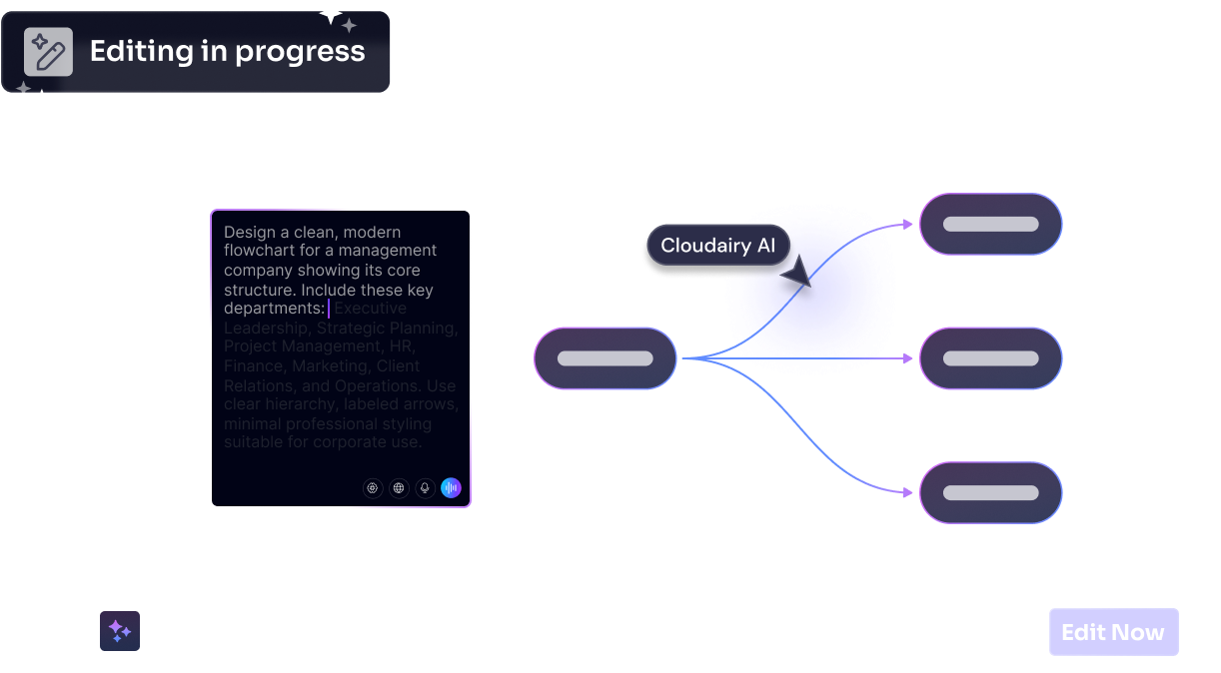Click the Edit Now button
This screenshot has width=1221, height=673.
point(1113,632)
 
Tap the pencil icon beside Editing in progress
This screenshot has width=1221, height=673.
point(48,52)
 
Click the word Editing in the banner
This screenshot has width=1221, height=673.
point(139,52)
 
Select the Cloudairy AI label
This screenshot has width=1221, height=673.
point(717,246)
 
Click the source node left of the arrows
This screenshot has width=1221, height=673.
point(606,358)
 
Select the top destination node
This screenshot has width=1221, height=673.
point(990,224)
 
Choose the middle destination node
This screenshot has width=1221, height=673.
point(990,358)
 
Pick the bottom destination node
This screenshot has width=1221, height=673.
point(990,492)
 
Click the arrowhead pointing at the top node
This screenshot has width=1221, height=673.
point(908,224)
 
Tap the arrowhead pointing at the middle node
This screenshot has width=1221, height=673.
point(908,358)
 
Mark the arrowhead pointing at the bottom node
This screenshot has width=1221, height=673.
point(908,492)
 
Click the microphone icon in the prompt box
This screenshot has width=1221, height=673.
point(425,488)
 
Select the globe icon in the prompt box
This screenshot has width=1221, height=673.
point(399,488)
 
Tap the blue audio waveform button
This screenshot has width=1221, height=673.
point(451,488)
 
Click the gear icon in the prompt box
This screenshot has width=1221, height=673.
point(373,488)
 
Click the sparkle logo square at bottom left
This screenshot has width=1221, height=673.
point(120,631)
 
